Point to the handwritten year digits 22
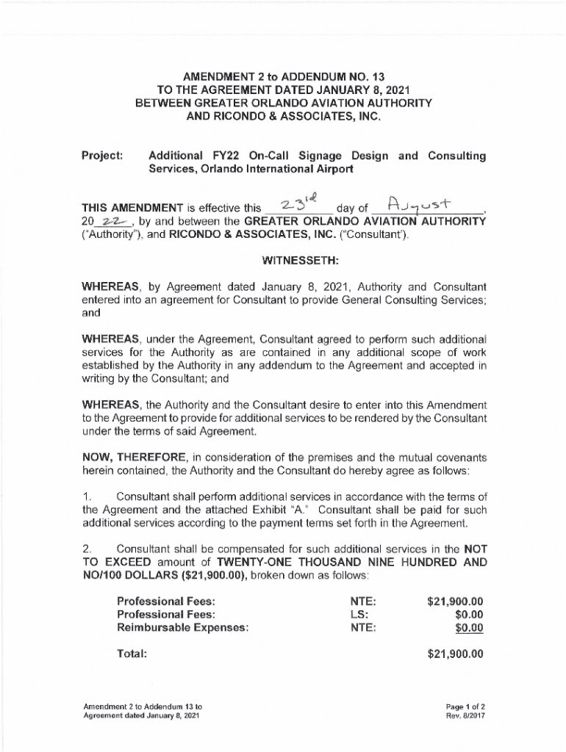pos(108,222)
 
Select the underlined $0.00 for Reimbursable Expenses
pos(469,627)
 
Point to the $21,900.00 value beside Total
pos(455,653)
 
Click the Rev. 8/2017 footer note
pos(465,715)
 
